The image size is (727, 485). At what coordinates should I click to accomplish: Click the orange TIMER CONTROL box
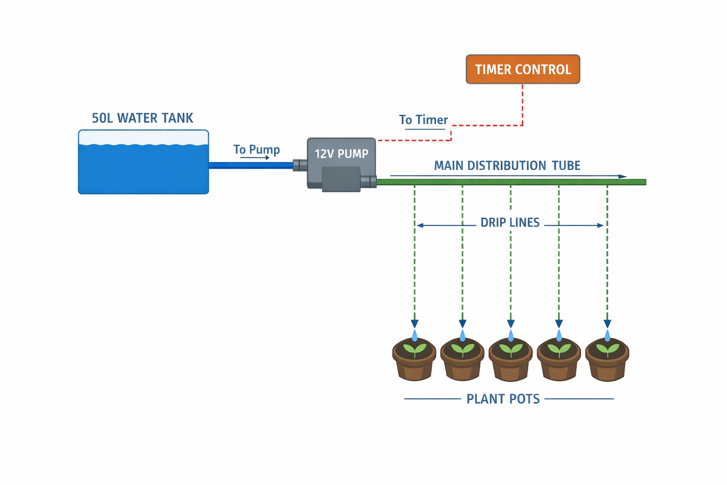coord(523,70)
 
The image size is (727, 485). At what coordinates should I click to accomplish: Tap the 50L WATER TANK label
coord(142,118)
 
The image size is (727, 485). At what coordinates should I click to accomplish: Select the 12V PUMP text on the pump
coord(341,154)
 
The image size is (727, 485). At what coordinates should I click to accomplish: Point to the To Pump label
coord(257,149)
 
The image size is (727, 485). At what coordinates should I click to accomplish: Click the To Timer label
coord(423,120)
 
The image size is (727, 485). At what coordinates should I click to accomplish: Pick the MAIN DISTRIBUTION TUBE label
coord(507,165)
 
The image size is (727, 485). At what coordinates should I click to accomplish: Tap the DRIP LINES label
coord(510,223)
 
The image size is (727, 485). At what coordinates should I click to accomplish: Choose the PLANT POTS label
coord(503,399)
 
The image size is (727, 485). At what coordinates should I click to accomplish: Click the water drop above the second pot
coord(462,335)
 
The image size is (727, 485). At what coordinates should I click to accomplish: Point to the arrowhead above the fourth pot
coord(559,324)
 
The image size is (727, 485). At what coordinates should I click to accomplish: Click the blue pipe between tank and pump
coord(251,165)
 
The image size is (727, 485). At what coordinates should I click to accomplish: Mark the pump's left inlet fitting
coord(300,165)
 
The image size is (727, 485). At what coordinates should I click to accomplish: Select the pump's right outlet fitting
coord(369,181)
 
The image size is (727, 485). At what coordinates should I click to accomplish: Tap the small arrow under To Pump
coord(255,158)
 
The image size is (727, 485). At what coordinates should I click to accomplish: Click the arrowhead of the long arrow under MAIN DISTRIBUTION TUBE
coord(623,176)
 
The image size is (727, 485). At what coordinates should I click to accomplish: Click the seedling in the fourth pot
coord(559,350)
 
